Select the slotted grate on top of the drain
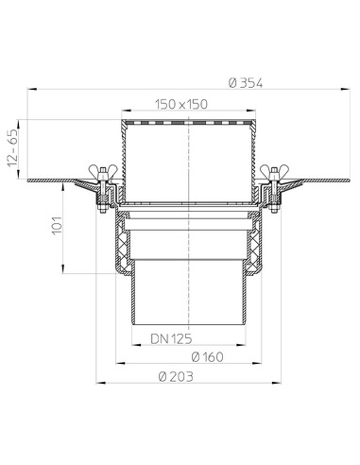(189, 124)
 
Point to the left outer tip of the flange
(28, 180)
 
